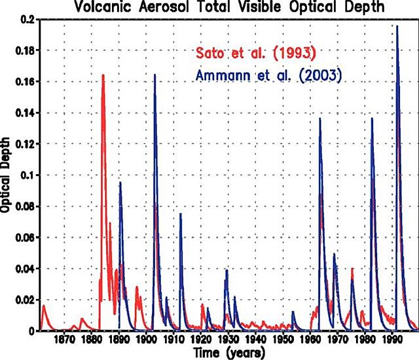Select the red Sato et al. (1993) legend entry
click(x=252, y=52)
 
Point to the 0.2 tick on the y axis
click(x=26, y=19)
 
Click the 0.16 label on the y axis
click(x=24, y=82)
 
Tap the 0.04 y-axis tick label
click(x=24, y=269)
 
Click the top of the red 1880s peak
click(x=103, y=75)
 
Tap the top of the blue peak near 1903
click(x=155, y=75)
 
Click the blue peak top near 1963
click(x=320, y=118)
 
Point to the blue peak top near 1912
click(x=181, y=214)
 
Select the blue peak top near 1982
click(x=372, y=118)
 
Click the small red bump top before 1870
click(x=44, y=306)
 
